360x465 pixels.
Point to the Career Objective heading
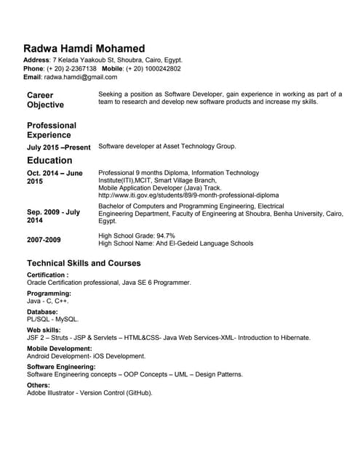coord(45,100)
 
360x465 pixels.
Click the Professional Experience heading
coord(52,130)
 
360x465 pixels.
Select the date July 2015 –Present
coord(59,147)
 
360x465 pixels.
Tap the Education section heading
coord(49,161)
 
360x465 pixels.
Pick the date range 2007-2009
coord(44,239)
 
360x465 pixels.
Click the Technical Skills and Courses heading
coord(84,263)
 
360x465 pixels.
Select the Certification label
coord(47,275)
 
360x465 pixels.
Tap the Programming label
coord(49,294)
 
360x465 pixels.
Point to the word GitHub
coord(138,393)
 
